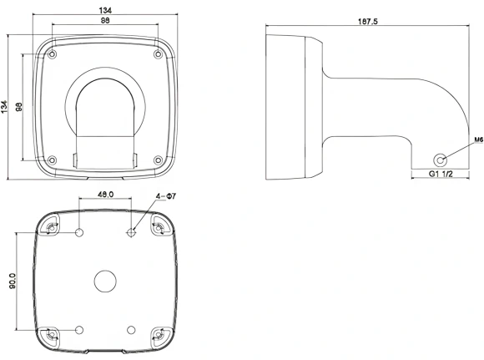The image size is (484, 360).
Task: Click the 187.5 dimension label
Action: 368,22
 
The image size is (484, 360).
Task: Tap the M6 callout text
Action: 478,140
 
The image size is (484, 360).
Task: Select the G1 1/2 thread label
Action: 441,174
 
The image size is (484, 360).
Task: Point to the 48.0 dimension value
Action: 106,195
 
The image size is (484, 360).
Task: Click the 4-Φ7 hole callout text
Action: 166,196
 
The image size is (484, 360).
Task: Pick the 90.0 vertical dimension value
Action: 13,281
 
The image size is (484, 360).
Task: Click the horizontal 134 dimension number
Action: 105,10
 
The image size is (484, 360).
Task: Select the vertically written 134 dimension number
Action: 4,107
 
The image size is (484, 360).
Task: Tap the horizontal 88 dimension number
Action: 105,20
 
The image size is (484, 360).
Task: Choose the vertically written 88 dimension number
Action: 19,107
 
